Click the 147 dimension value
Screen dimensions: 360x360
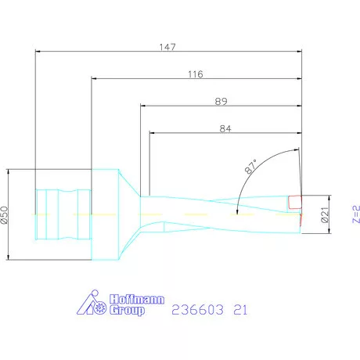[167, 47]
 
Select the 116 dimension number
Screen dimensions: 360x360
[196, 74]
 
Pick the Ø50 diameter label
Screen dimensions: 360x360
[5, 214]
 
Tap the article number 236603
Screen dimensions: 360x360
[196, 309]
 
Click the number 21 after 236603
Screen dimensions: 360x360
[240, 309]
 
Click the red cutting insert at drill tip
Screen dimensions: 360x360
[294, 202]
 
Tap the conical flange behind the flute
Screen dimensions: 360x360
[117, 213]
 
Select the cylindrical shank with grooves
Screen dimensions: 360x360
[63, 213]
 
